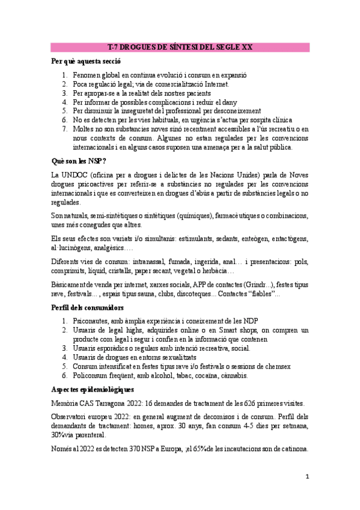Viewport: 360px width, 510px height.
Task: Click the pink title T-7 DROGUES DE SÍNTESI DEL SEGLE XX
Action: [180, 47]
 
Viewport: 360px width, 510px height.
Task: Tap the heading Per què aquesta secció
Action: [87, 61]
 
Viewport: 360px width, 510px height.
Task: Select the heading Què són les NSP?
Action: [79, 161]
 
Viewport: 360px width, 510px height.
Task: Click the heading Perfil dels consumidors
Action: [88, 307]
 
